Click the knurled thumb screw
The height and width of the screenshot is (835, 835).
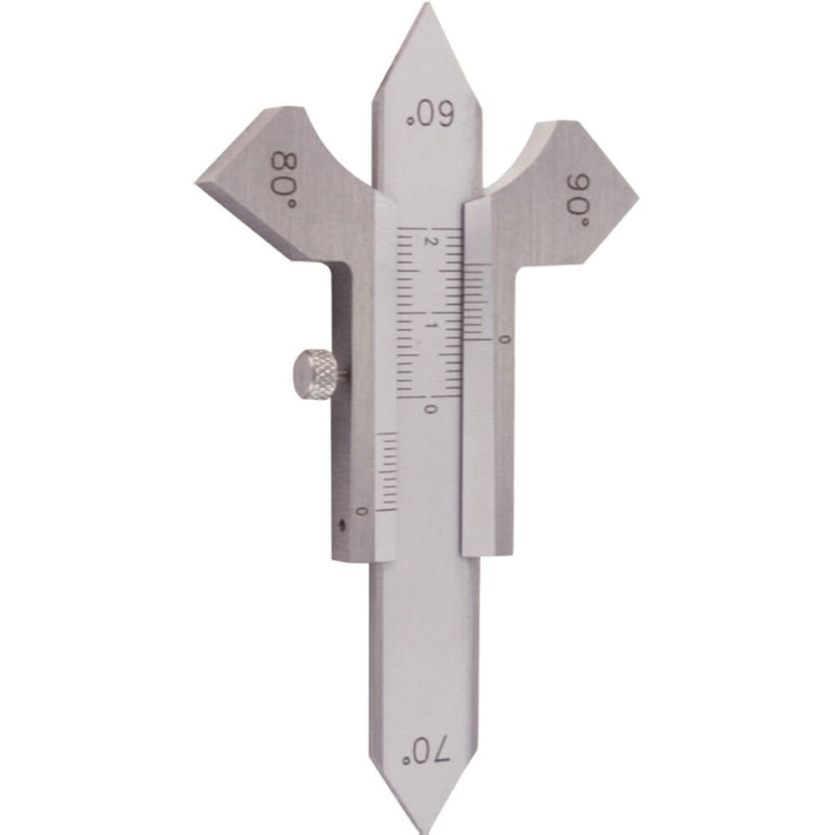point(315,376)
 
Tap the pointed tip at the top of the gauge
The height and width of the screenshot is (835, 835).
point(427,7)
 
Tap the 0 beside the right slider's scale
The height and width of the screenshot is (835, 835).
point(501,339)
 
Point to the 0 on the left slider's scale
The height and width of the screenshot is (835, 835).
point(362,510)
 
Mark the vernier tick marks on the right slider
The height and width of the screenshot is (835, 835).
point(476,301)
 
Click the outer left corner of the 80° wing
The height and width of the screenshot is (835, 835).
point(199,181)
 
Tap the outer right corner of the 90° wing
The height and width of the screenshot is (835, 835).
point(636,199)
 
